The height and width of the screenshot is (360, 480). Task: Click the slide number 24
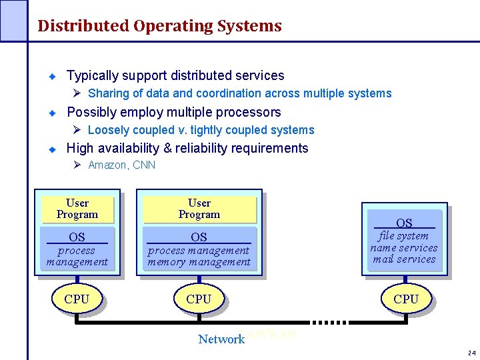point(471,352)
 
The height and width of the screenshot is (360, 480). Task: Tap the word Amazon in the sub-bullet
point(108,165)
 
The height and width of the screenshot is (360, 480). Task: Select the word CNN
point(144,165)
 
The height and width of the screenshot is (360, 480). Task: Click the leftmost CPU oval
point(77,299)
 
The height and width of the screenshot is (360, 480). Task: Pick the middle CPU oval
point(199,299)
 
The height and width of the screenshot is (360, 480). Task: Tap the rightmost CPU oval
point(406,299)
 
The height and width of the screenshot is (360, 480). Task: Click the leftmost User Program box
point(77,209)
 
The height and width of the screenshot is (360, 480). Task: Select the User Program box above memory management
point(199,209)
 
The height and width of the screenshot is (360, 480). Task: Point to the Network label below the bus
point(221,339)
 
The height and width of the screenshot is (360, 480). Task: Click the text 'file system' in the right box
point(404,236)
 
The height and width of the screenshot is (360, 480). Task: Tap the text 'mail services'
point(404,259)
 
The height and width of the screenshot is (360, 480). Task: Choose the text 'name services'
point(404,248)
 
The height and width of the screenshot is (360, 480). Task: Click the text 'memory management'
point(199,262)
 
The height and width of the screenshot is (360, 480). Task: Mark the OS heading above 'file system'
point(404,223)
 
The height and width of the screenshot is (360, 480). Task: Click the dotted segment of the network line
point(331,323)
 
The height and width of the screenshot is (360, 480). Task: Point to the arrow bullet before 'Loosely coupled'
point(77,130)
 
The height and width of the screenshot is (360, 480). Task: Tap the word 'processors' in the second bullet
point(250,112)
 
